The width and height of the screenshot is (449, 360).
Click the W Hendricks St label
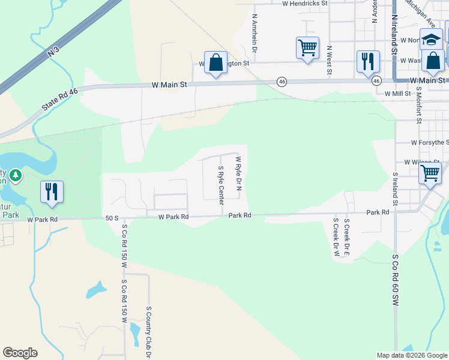point(305,3)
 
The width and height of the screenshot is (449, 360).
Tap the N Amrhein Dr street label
point(255,34)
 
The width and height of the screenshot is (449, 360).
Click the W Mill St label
point(397,94)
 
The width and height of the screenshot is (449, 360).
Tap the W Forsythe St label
point(430,142)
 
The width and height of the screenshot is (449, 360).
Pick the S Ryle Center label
point(221,185)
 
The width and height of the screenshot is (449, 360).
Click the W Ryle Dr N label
point(239,175)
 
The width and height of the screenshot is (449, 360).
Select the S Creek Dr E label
point(346,236)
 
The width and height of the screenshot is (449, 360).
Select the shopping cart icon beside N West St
point(307,47)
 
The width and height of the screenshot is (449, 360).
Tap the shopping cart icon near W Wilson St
point(430,173)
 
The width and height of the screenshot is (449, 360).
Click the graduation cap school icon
point(430,40)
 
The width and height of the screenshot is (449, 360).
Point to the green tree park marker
point(15,176)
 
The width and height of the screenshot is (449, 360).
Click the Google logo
point(20,353)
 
